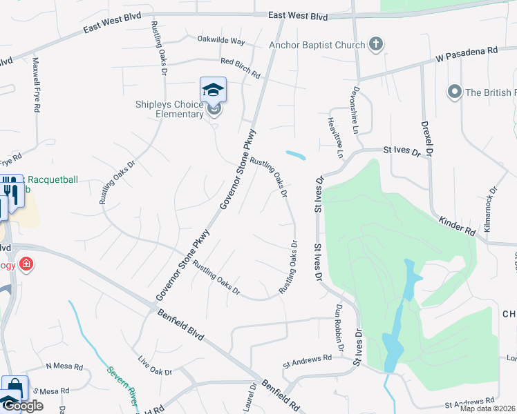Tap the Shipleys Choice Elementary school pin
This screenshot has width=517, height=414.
pyautogui.click(x=214, y=90)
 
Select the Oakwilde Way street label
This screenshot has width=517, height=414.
pyautogui.click(x=220, y=40)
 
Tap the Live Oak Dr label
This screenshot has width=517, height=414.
pyautogui.click(x=154, y=367)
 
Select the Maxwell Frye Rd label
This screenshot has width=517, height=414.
pyautogui.click(x=35, y=85)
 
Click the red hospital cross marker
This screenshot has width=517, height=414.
pyautogui.click(x=26, y=264)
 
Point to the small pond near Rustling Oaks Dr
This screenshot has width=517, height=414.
pyautogui.click(x=295, y=155)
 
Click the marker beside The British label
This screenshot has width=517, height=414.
pyautogui.click(x=454, y=92)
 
